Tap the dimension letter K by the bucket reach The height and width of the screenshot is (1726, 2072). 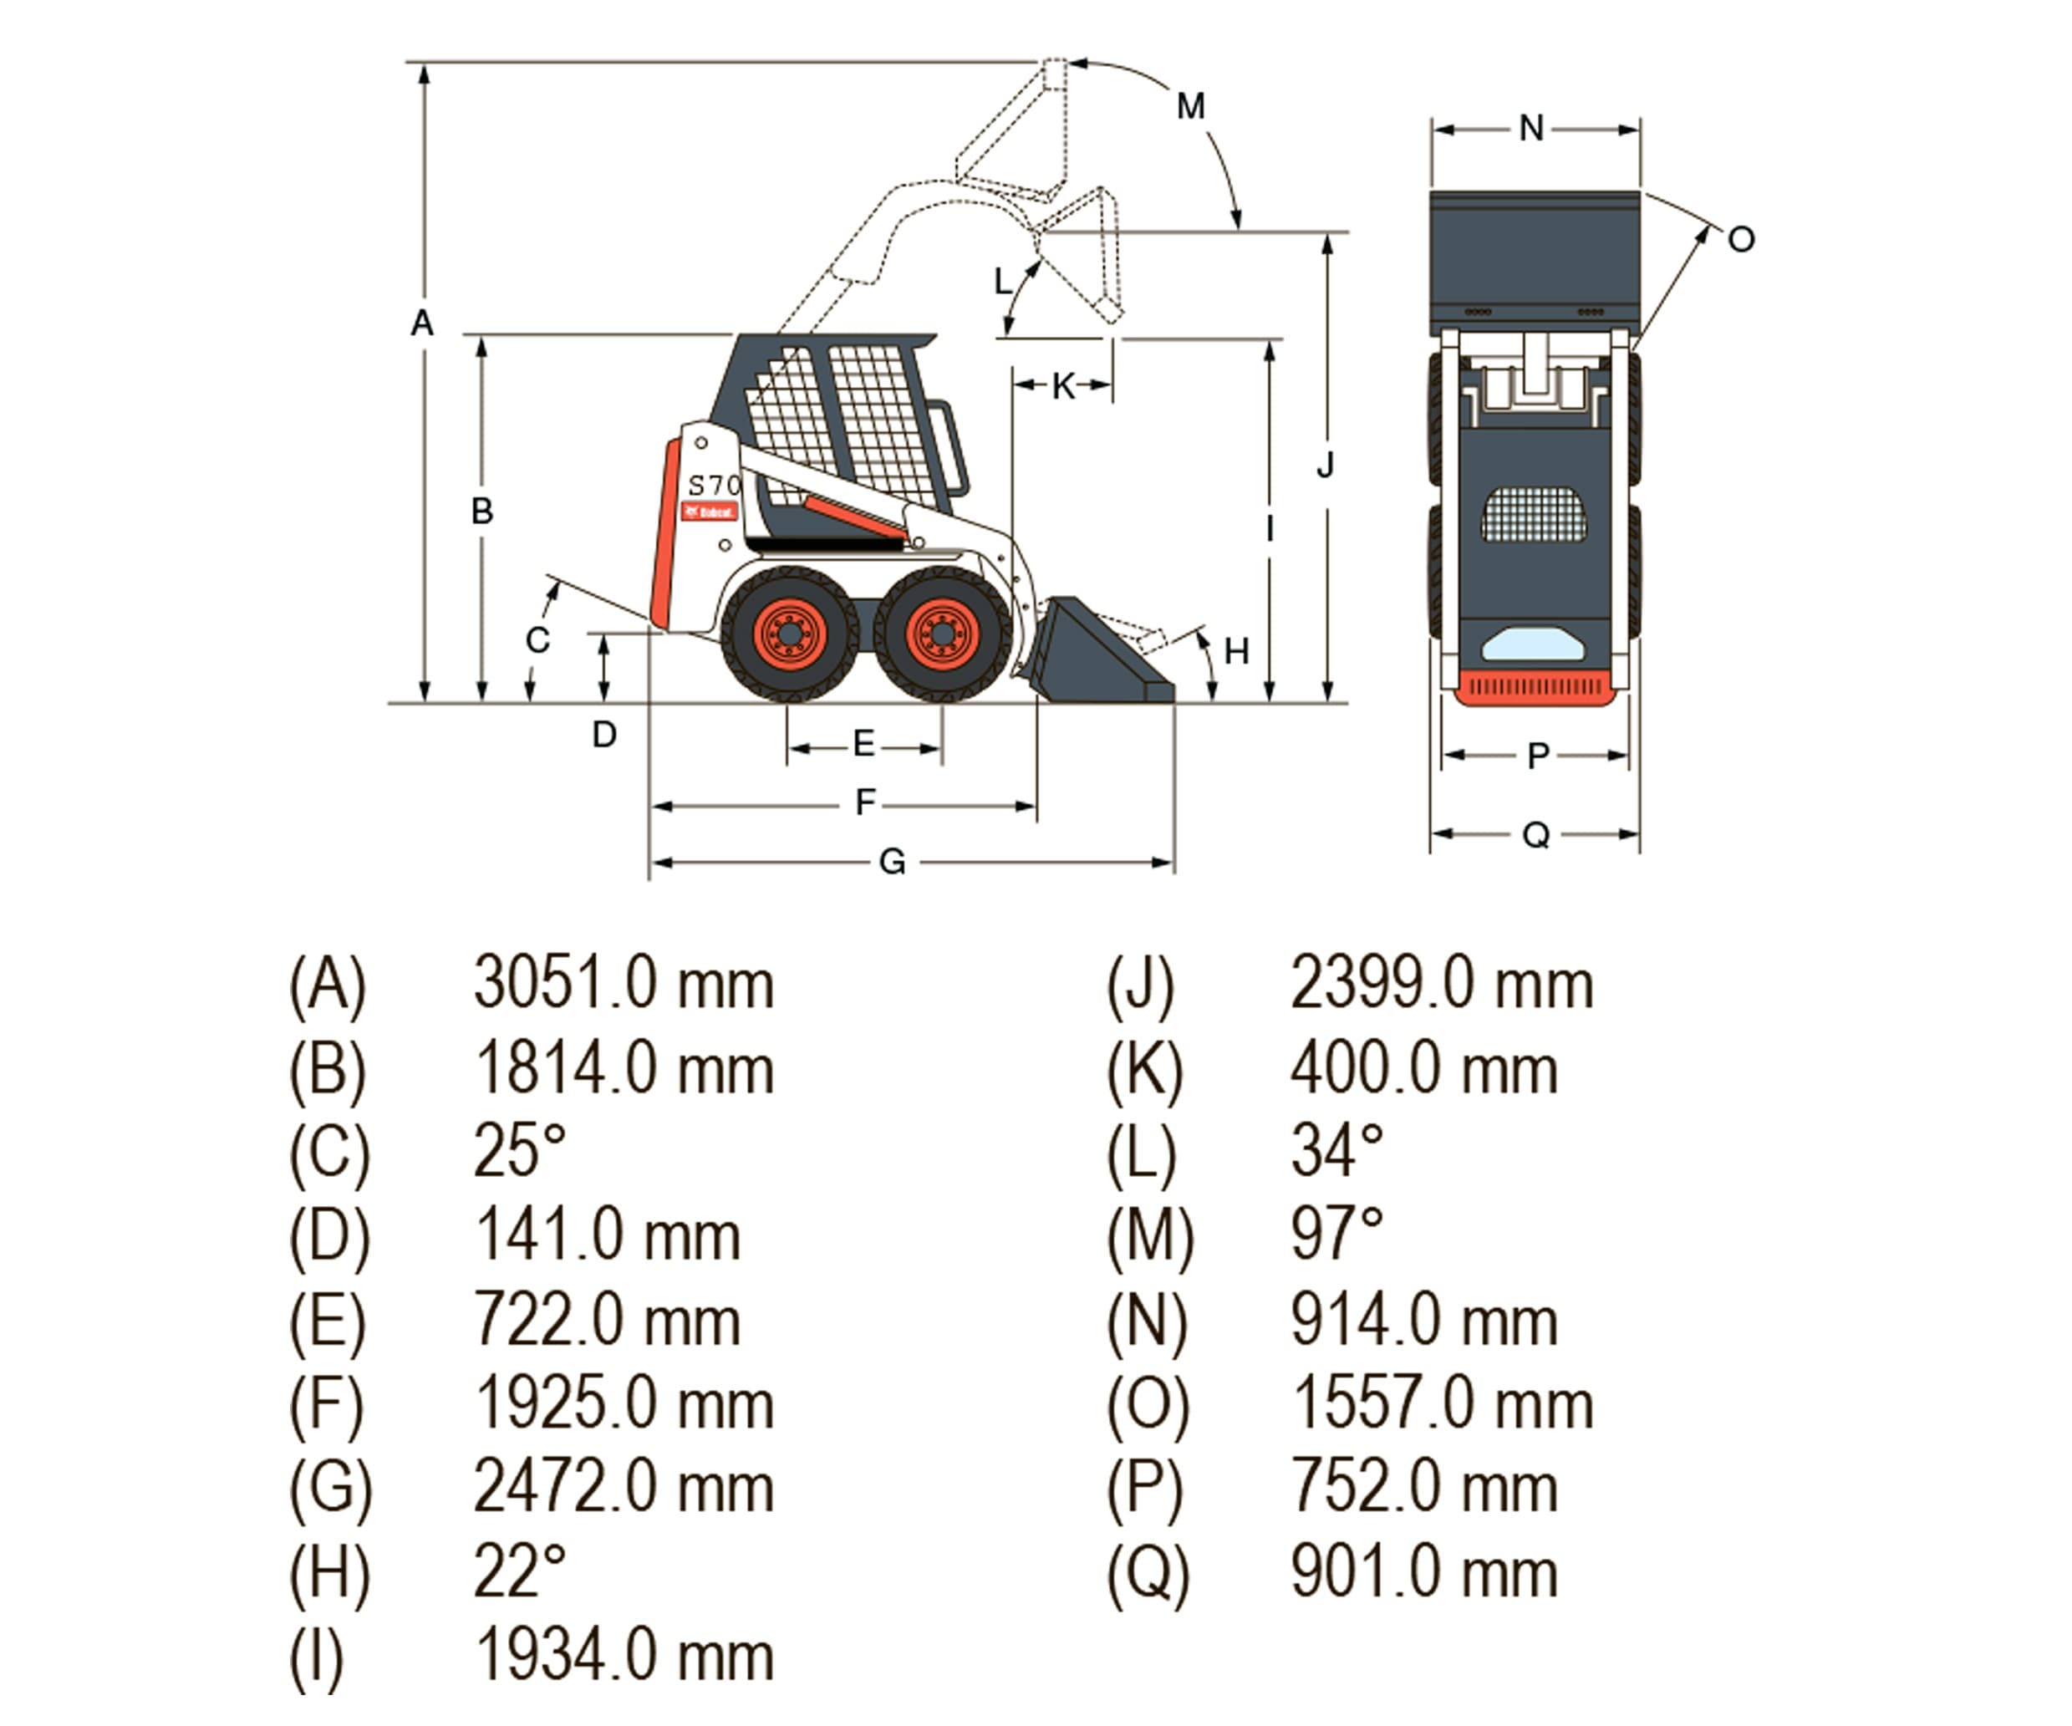coord(1062,386)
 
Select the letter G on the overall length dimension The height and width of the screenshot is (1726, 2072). coord(892,863)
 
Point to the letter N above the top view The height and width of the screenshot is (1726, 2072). coord(1530,128)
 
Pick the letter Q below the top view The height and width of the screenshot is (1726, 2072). coord(1536,836)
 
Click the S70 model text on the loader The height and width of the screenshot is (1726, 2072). coord(713,486)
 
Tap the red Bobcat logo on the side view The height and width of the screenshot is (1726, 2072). coord(710,512)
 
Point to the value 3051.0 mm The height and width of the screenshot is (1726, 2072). coord(624,984)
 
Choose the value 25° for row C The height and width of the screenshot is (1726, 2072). coord(520,1151)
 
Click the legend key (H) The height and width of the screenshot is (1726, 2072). coord(329,1572)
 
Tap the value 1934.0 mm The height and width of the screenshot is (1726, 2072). coord(624,1656)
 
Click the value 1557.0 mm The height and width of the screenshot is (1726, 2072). coord(1442,1403)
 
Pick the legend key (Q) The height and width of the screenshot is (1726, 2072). coord(1148,1573)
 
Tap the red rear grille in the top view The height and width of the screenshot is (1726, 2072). coord(1535,688)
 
